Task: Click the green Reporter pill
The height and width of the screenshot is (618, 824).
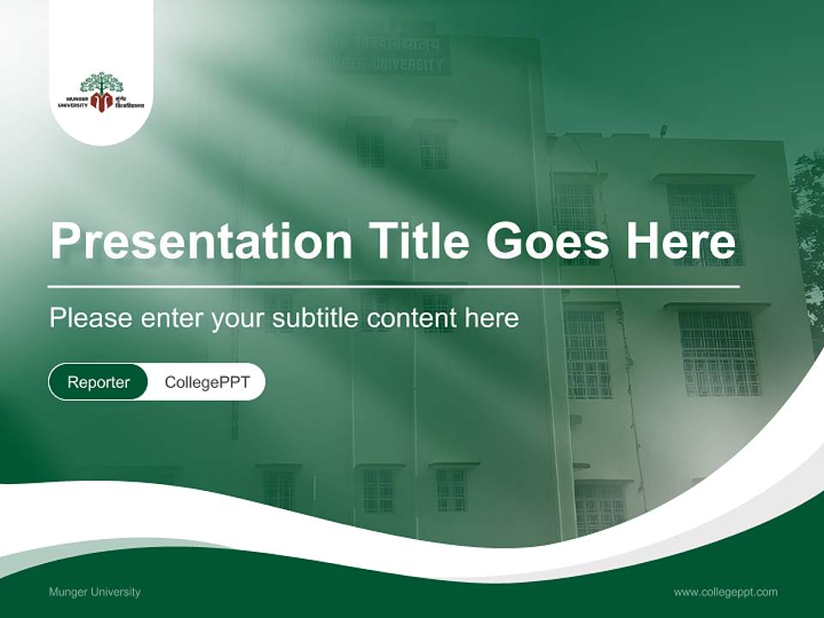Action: pos(99,382)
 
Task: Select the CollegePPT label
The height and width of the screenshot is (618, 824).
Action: pos(207,382)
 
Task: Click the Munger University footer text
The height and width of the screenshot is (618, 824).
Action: pos(94,592)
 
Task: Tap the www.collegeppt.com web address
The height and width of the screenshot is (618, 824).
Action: pos(725,592)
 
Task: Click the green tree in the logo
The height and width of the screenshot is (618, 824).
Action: pos(101,83)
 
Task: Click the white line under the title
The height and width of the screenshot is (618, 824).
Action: pos(394,286)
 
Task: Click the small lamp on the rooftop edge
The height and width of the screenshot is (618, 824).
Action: pos(663,130)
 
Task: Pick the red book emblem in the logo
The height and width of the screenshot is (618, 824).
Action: pos(101,103)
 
